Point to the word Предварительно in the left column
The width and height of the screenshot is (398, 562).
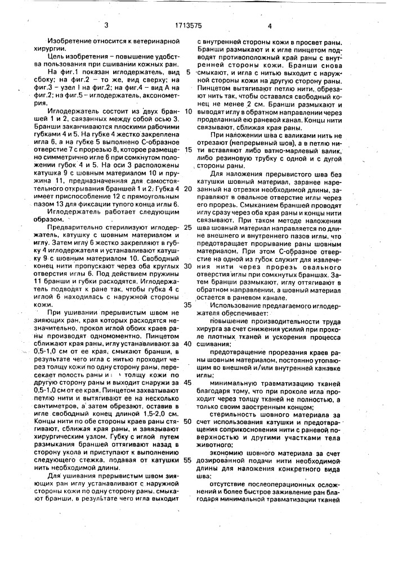coord(75,228)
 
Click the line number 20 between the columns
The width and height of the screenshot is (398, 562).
coord(188,189)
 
